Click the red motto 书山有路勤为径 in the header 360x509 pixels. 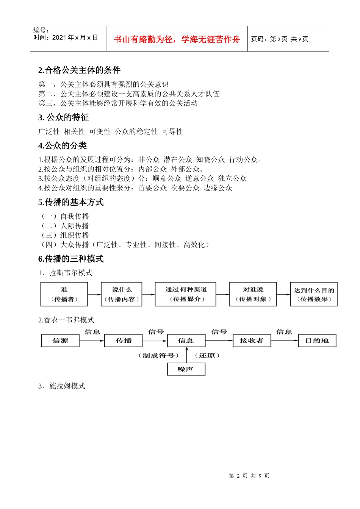(177, 39)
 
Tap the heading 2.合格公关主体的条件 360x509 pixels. (79, 70)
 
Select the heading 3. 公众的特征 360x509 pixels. (63, 117)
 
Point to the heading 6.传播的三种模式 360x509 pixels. (71, 259)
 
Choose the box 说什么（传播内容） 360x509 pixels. (121, 294)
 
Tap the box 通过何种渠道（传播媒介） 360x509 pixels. (186, 294)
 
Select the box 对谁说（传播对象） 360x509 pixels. (253, 294)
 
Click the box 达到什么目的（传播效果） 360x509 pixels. (314, 294)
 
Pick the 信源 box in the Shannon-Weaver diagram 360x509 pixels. (60, 340)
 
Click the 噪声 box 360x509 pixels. (186, 369)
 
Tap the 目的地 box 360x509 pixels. (317, 340)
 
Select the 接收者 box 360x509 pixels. (252, 340)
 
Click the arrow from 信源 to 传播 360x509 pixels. (92, 340)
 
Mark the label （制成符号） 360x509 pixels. (158, 356)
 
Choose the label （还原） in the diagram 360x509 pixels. (207, 356)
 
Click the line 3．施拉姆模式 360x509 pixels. (62, 386)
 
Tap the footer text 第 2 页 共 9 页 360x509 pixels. (249, 476)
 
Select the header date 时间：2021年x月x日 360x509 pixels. (66, 37)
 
